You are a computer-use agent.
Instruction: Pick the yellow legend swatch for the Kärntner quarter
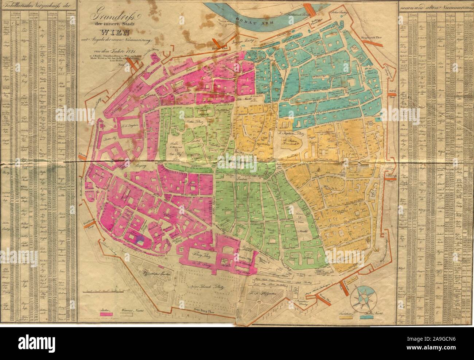[347, 318]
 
